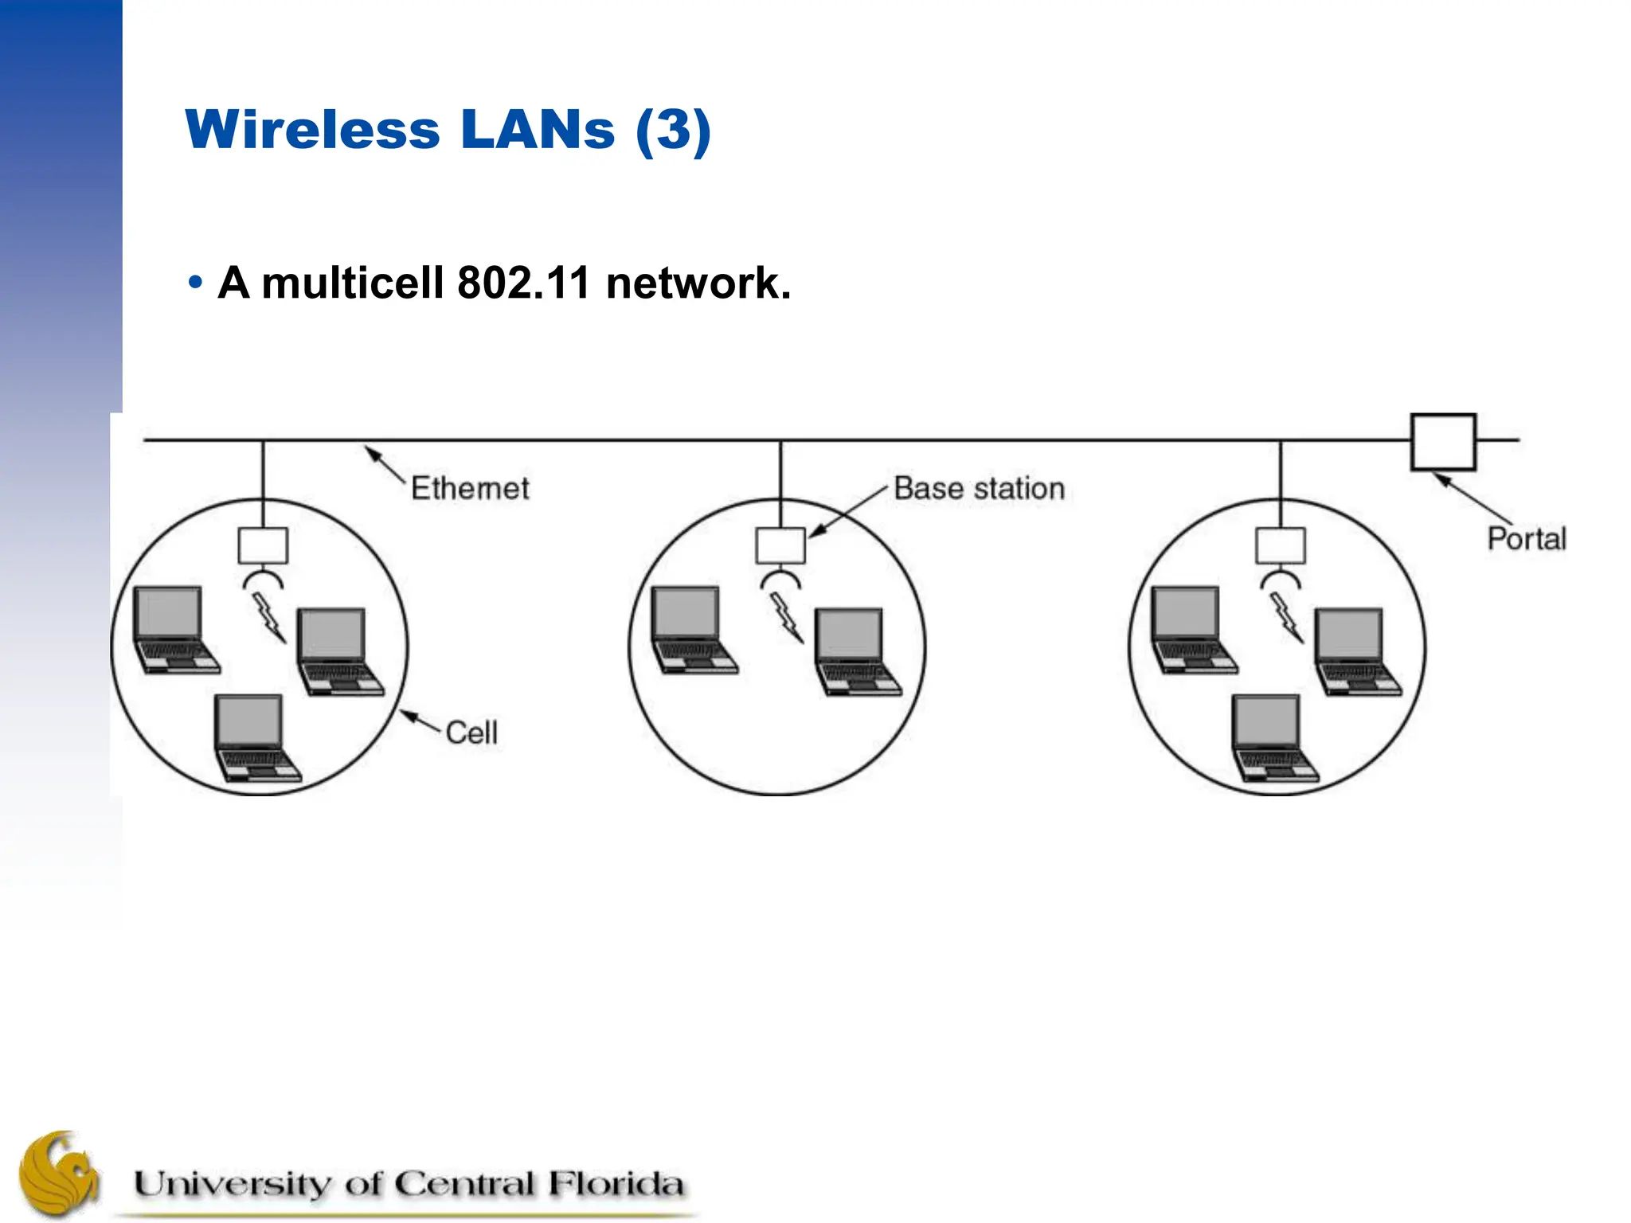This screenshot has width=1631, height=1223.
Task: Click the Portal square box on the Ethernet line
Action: point(1443,442)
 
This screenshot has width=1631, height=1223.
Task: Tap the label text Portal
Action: point(1526,539)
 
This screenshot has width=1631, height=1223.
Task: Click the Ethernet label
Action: point(469,488)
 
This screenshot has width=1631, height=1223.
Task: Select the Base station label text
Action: point(979,488)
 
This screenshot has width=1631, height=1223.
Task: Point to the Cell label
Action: point(471,733)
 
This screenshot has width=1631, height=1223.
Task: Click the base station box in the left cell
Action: point(263,546)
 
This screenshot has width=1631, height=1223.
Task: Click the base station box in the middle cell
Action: point(780,546)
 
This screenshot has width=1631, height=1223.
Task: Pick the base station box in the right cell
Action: point(1280,546)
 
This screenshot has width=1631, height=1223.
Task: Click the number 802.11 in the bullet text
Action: point(523,283)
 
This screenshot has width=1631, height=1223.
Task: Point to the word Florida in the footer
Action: point(615,1184)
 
